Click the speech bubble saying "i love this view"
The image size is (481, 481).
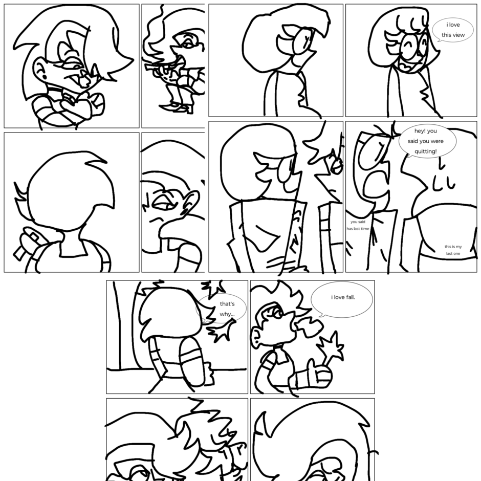453,30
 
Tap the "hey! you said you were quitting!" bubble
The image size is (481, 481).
427,141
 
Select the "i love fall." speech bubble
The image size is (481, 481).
342,299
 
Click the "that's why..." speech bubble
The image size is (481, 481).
222,309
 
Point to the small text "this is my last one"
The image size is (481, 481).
453,250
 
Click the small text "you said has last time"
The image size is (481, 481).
358,225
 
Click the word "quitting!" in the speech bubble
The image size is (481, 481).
425,151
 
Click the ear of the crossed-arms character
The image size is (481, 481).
39,69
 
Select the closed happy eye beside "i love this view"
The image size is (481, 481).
408,47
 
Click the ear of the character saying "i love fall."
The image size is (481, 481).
256,336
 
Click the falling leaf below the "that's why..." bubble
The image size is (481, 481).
222,331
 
